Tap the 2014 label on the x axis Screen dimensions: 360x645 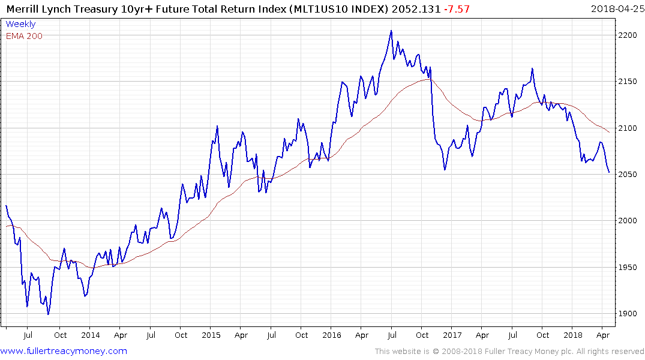[x=90, y=335]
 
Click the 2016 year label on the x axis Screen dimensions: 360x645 [x=332, y=335]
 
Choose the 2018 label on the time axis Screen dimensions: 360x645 [x=573, y=335]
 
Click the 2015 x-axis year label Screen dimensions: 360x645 [x=211, y=335]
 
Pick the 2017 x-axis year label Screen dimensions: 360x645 [x=452, y=335]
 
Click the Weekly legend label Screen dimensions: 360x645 [x=20, y=24]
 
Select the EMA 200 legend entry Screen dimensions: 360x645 [x=24, y=36]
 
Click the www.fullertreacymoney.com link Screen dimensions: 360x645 [x=64, y=351]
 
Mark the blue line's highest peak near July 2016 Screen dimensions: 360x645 [x=391, y=31]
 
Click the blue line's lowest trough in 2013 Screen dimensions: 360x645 [x=48, y=314]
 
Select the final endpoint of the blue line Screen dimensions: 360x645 [x=609, y=173]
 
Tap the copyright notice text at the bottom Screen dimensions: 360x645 [x=509, y=351]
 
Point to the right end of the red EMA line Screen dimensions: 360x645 [x=609, y=132]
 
